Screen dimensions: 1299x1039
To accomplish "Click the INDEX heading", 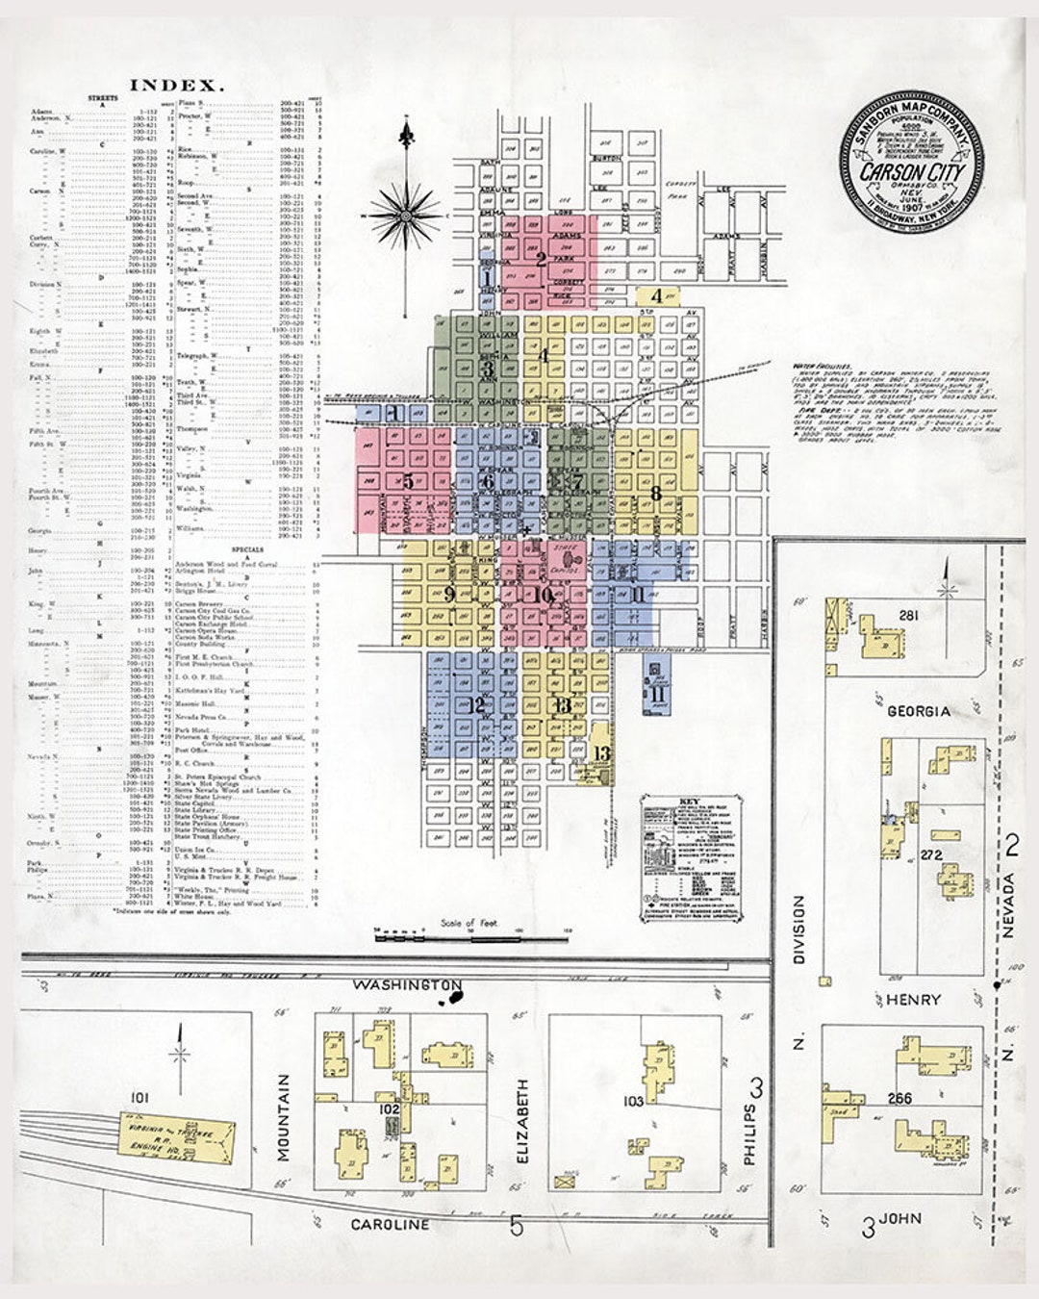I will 177,85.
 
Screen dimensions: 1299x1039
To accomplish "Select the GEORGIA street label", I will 919,711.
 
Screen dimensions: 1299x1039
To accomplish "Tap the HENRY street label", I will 913,1000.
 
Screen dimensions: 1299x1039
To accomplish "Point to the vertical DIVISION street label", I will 798,930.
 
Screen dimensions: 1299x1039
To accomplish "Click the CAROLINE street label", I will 390,1225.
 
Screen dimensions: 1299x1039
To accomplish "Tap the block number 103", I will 633,1101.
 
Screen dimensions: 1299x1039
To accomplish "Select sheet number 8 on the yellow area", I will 656,494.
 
